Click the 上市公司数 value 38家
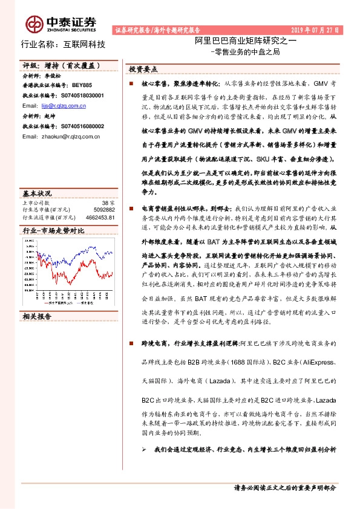pos(108,202)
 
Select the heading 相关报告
pos(37,316)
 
